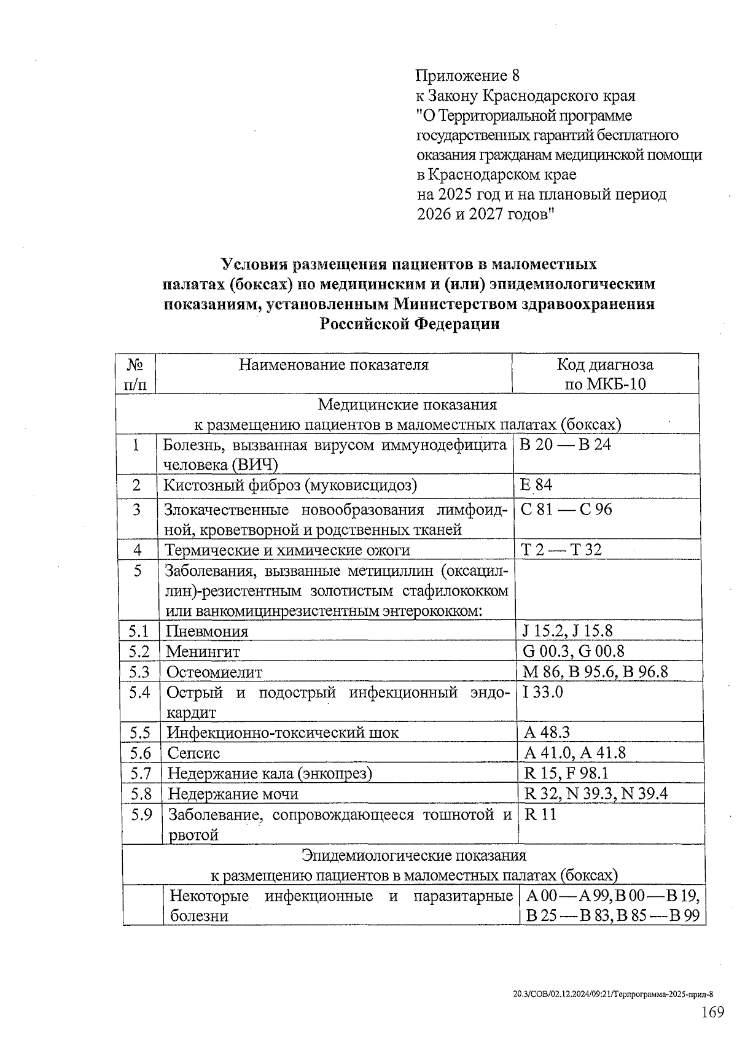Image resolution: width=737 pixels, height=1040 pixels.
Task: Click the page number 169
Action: (x=712, y=1012)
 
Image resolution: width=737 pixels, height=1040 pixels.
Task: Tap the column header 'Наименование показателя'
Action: (x=333, y=365)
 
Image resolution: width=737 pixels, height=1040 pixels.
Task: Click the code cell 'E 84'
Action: (x=536, y=485)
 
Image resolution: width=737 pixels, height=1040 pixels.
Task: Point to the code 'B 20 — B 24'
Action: (x=564, y=444)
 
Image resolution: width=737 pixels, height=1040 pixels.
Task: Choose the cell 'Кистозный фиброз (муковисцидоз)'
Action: (x=290, y=486)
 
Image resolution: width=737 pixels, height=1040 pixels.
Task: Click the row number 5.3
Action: (x=139, y=672)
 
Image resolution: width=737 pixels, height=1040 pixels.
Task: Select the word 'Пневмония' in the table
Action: (x=207, y=631)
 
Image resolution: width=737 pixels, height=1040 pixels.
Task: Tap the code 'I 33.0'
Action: (x=543, y=693)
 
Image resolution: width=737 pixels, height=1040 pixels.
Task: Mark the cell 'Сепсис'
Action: (x=193, y=753)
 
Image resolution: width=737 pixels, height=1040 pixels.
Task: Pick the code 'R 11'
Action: (x=540, y=815)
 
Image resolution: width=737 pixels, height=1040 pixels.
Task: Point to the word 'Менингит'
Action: (x=203, y=651)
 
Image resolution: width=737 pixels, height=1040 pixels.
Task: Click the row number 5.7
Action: (x=140, y=773)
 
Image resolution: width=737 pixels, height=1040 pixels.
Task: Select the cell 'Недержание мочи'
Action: (x=233, y=794)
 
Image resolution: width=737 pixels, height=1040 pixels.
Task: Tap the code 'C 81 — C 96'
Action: (x=566, y=509)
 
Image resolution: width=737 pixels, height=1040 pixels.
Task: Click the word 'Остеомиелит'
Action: (x=214, y=672)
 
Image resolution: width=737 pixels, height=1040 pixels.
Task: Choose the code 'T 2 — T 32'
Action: (x=561, y=549)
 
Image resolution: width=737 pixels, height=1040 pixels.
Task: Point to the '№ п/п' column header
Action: (x=135, y=374)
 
